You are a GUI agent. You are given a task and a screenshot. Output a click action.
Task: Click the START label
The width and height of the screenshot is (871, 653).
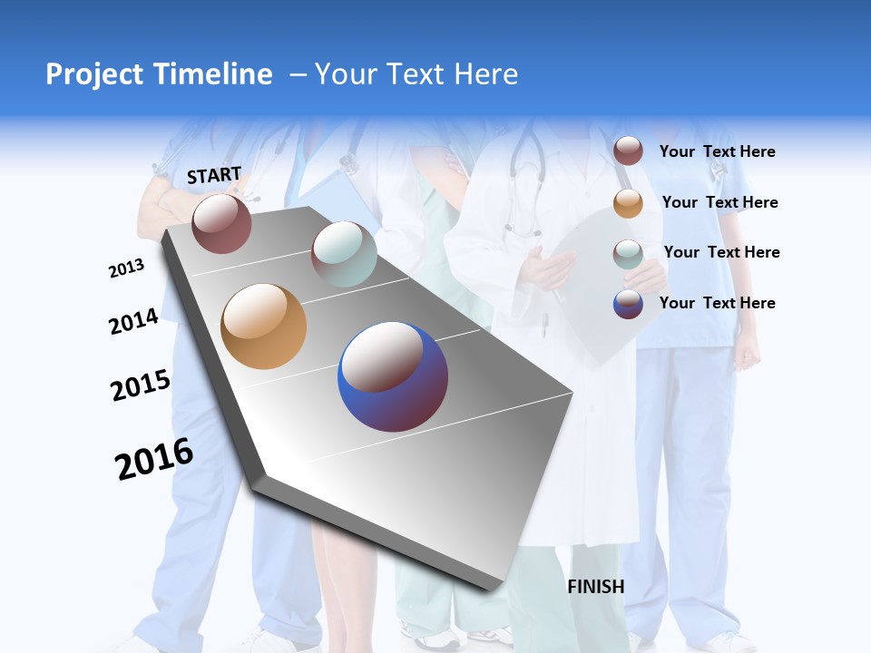click(x=214, y=175)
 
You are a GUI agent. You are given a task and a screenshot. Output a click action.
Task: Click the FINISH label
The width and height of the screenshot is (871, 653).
click(x=596, y=587)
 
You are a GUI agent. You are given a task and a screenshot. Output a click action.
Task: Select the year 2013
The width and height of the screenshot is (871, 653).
click(x=126, y=268)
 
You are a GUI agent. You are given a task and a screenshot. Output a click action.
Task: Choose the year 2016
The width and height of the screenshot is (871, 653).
click(x=154, y=459)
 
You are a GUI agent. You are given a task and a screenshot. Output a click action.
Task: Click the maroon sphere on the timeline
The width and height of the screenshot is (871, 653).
click(x=221, y=223)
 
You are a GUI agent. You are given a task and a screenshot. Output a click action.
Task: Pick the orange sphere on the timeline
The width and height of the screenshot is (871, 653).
click(x=264, y=326)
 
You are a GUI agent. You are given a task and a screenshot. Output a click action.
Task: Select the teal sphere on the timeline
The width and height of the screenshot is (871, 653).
click(x=344, y=254)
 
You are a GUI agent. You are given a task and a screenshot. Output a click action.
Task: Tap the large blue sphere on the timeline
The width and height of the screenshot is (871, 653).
click(x=393, y=376)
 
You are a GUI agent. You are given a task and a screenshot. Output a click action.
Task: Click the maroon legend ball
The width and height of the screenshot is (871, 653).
click(x=628, y=151)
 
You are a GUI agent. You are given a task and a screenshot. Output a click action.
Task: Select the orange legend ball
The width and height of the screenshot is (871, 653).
click(x=628, y=202)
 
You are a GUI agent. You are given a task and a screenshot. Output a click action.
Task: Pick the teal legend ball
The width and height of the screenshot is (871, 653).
click(x=628, y=253)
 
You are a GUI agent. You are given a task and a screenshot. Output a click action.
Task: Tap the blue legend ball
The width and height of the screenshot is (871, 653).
click(x=628, y=304)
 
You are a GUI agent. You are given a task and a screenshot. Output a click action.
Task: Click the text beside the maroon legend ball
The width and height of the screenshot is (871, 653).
click(x=718, y=152)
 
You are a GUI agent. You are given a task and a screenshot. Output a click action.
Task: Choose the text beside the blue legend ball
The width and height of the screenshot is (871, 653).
click(x=718, y=303)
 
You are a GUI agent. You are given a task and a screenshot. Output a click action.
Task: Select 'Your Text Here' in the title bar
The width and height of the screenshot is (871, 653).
click(x=416, y=74)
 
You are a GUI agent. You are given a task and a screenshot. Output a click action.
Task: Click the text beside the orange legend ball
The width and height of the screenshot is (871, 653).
click(x=720, y=202)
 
